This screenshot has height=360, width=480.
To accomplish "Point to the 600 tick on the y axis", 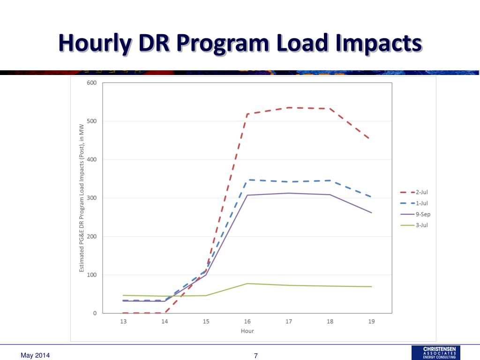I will [91, 83].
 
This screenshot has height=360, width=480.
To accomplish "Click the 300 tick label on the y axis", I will [91, 198].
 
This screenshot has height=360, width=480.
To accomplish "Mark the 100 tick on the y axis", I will [91, 275].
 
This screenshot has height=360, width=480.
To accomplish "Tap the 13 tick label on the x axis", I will [123, 322].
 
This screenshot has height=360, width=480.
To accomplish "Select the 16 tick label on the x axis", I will [247, 322].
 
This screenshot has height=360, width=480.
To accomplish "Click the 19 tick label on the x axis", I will [371, 322].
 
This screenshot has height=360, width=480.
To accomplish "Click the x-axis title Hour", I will [247, 331].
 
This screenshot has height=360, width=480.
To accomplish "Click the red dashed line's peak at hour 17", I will [289, 108].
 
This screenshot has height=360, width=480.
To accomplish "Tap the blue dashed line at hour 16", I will [247, 180].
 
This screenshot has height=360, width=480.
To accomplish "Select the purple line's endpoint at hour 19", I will [371, 213].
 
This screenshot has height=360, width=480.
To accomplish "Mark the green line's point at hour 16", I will [247, 284].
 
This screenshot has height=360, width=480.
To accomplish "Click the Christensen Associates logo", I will [435, 352].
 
